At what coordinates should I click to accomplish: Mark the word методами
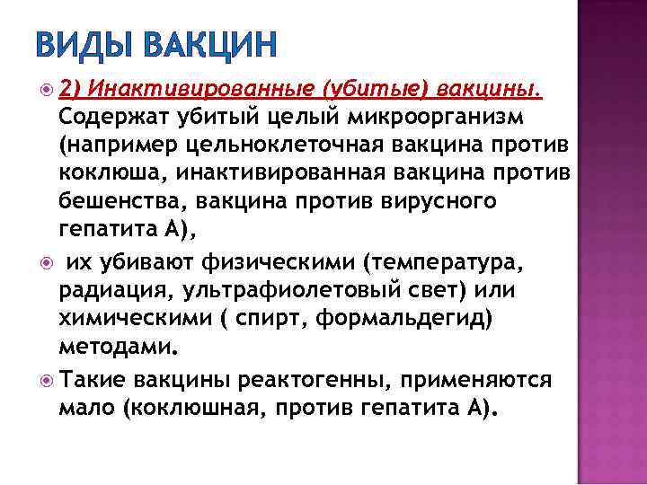(x=114, y=348)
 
